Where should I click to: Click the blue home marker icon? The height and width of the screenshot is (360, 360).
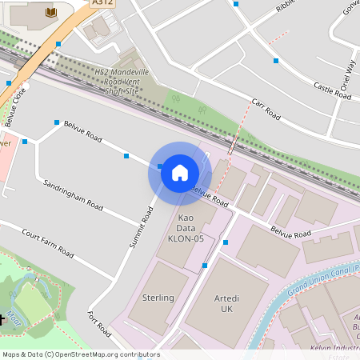pos(179,173)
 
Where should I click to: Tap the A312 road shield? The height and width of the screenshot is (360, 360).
pos(102,3)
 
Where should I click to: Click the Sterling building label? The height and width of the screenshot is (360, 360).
pos(158,298)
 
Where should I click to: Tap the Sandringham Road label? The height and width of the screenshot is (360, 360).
pos(73,195)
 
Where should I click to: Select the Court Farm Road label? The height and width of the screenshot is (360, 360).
pos(48,243)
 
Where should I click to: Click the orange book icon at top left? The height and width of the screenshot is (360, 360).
pos(51,12)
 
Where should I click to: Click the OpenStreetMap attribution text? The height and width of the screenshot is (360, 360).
pos(81,354)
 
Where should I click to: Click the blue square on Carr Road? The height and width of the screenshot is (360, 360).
pos(275,61)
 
